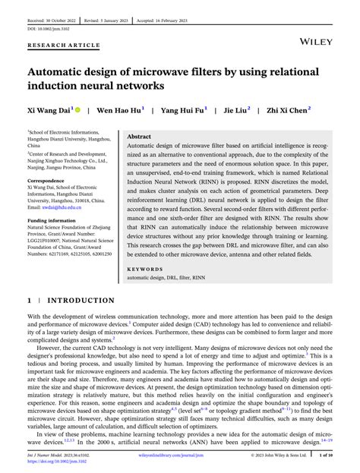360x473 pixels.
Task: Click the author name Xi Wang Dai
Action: tap(49, 110)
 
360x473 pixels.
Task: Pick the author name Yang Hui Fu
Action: tap(182, 110)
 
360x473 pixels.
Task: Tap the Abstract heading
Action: tap(139, 137)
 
